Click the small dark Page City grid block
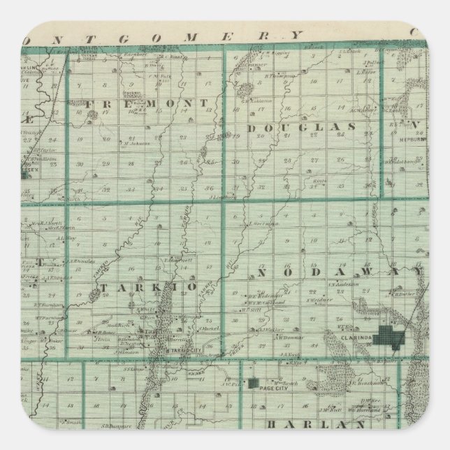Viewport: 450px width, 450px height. click(x=250, y=383)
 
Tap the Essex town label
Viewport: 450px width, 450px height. click(x=25, y=167)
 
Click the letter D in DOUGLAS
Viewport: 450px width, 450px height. click(x=252, y=128)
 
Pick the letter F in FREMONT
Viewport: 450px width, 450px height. click(x=90, y=103)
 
